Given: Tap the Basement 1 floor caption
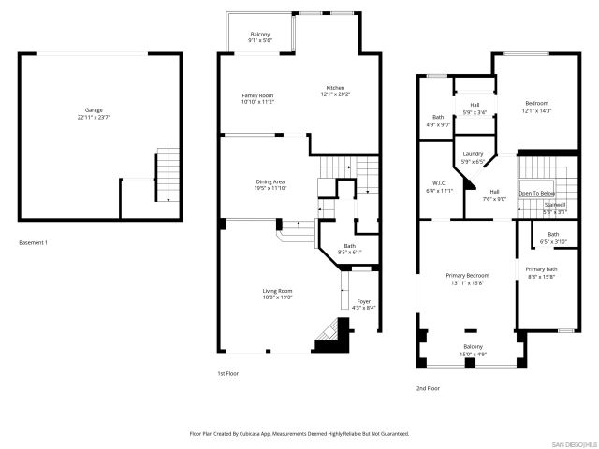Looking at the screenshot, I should [x=33, y=243].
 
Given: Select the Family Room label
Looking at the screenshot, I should [x=257, y=98].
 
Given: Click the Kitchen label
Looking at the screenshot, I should [x=335, y=91].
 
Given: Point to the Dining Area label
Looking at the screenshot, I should [x=270, y=184].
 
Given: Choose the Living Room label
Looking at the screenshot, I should [x=277, y=295].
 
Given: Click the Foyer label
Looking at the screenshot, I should [x=363, y=304].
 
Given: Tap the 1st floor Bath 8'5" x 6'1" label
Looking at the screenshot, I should [x=348, y=248].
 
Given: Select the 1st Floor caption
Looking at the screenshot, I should [x=227, y=373].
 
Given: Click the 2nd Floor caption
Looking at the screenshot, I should [x=428, y=388].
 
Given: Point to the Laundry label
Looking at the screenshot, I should [x=473, y=157].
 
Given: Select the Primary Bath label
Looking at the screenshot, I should [x=540, y=272].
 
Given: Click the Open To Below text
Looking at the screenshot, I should [x=537, y=193].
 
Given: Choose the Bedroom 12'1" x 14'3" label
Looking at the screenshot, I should [x=536, y=107].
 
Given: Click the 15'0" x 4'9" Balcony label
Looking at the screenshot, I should [x=473, y=349].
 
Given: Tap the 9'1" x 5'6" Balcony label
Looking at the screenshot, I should [x=260, y=37].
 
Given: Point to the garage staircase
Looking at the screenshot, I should [x=165, y=174].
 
